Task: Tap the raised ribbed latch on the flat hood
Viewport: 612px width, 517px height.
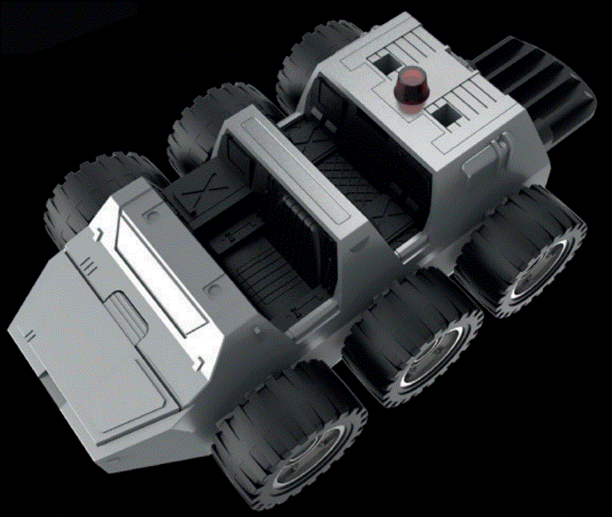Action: [128, 313]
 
